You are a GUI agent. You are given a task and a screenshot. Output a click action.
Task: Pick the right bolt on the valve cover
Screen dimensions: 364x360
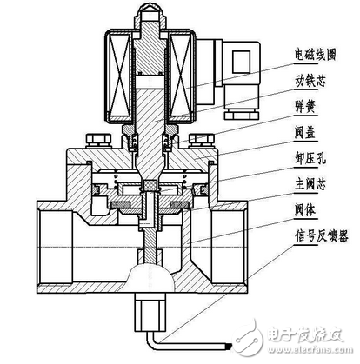[206, 139]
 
